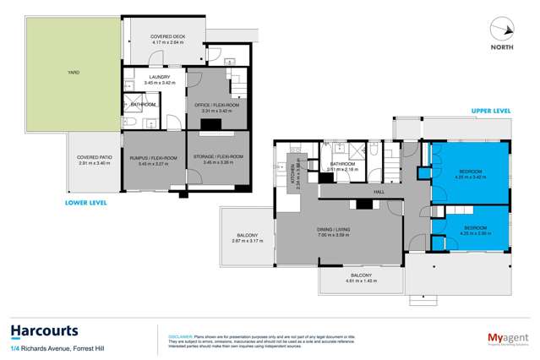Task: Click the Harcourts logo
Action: coord(45,330)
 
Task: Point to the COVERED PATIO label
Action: coord(94,159)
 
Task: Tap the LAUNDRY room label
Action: coord(154,79)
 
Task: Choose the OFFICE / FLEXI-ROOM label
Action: coord(216,105)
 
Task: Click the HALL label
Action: coord(367,202)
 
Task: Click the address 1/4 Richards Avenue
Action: coord(50,348)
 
